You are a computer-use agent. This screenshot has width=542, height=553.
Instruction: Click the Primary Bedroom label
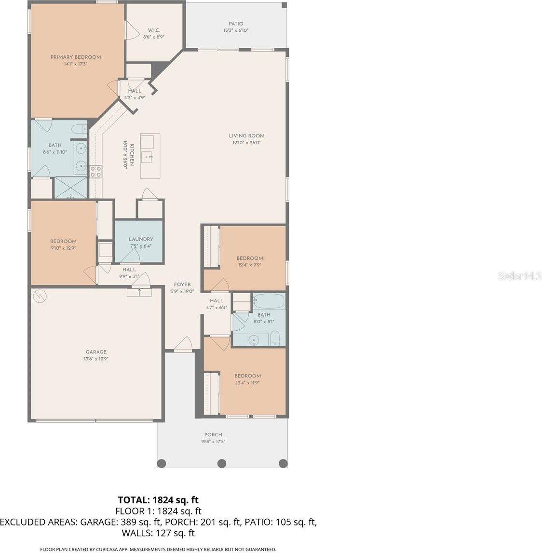click(x=76, y=57)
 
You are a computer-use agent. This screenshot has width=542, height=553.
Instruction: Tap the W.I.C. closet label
click(x=154, y=30)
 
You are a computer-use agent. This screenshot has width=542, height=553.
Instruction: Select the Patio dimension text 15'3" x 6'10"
click(x=236, y=30)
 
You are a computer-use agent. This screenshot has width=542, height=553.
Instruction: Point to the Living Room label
click(x=246, y=136)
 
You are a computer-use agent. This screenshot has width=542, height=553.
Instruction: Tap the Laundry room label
click(x=141, y=239)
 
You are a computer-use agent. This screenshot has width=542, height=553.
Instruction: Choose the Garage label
click(x=96, y=352)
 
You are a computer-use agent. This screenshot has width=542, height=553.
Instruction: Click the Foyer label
click(x=182, y=284)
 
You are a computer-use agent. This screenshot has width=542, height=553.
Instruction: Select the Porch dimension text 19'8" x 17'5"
click(x=213, y=441)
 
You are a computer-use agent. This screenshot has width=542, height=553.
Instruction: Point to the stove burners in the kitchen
click(x=95, y=171)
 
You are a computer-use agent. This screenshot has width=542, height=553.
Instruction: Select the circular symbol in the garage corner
click(x=39, y=295)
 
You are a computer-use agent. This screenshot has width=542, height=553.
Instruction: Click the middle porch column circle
click(x=222, y=463)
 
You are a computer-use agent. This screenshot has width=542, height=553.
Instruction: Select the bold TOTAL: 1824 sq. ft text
click(x=158, y=500)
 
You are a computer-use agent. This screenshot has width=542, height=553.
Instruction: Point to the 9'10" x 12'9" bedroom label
click(x=63, y=242)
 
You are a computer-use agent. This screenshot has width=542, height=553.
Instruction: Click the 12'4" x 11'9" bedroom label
click(x=248, y=376)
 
